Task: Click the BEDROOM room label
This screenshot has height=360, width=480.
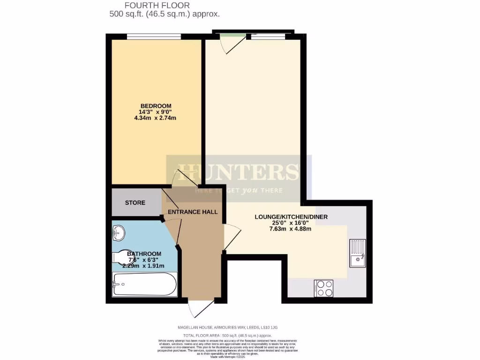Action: (155, 105)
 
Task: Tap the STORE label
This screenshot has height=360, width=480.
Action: (135, 203)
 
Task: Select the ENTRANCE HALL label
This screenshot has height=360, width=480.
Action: (193, 212)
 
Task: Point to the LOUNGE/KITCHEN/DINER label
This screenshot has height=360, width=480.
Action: (291, 217)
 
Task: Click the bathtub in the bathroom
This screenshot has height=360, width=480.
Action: (144, 285)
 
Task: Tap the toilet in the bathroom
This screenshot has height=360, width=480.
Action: (121, 256)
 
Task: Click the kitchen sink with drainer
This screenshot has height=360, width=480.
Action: (358, 253)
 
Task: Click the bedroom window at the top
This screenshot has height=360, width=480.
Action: (154, 35)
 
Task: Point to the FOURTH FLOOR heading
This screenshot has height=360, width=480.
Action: (157, 6)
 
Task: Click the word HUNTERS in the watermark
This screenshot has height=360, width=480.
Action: (238, 172)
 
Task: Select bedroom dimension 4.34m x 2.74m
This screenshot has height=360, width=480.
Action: (155, 118)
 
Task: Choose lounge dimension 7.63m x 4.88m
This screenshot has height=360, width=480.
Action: (291, 229)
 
